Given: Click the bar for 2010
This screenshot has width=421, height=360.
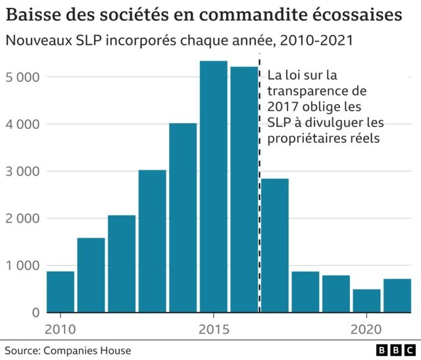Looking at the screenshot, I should pos(60,292).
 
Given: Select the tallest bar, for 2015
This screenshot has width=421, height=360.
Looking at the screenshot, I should pos(213,187).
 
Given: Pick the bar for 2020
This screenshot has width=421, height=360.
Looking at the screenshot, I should pos(366,301).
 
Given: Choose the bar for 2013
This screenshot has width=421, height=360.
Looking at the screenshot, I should pos(152,241).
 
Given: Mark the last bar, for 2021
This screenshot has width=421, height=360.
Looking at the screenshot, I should pos(397,296).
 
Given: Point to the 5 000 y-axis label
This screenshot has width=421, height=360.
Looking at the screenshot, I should pos(22,77).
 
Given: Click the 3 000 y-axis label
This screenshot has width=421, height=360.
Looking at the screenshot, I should pos(22,171).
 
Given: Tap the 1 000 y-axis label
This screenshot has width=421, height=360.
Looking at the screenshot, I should pos(22,265).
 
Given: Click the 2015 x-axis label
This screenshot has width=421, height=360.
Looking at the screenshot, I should pos(213,328).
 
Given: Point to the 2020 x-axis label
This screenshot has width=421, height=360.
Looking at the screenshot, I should pos(366,328).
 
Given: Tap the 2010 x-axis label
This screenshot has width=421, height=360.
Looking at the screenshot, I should pos(60,328).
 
